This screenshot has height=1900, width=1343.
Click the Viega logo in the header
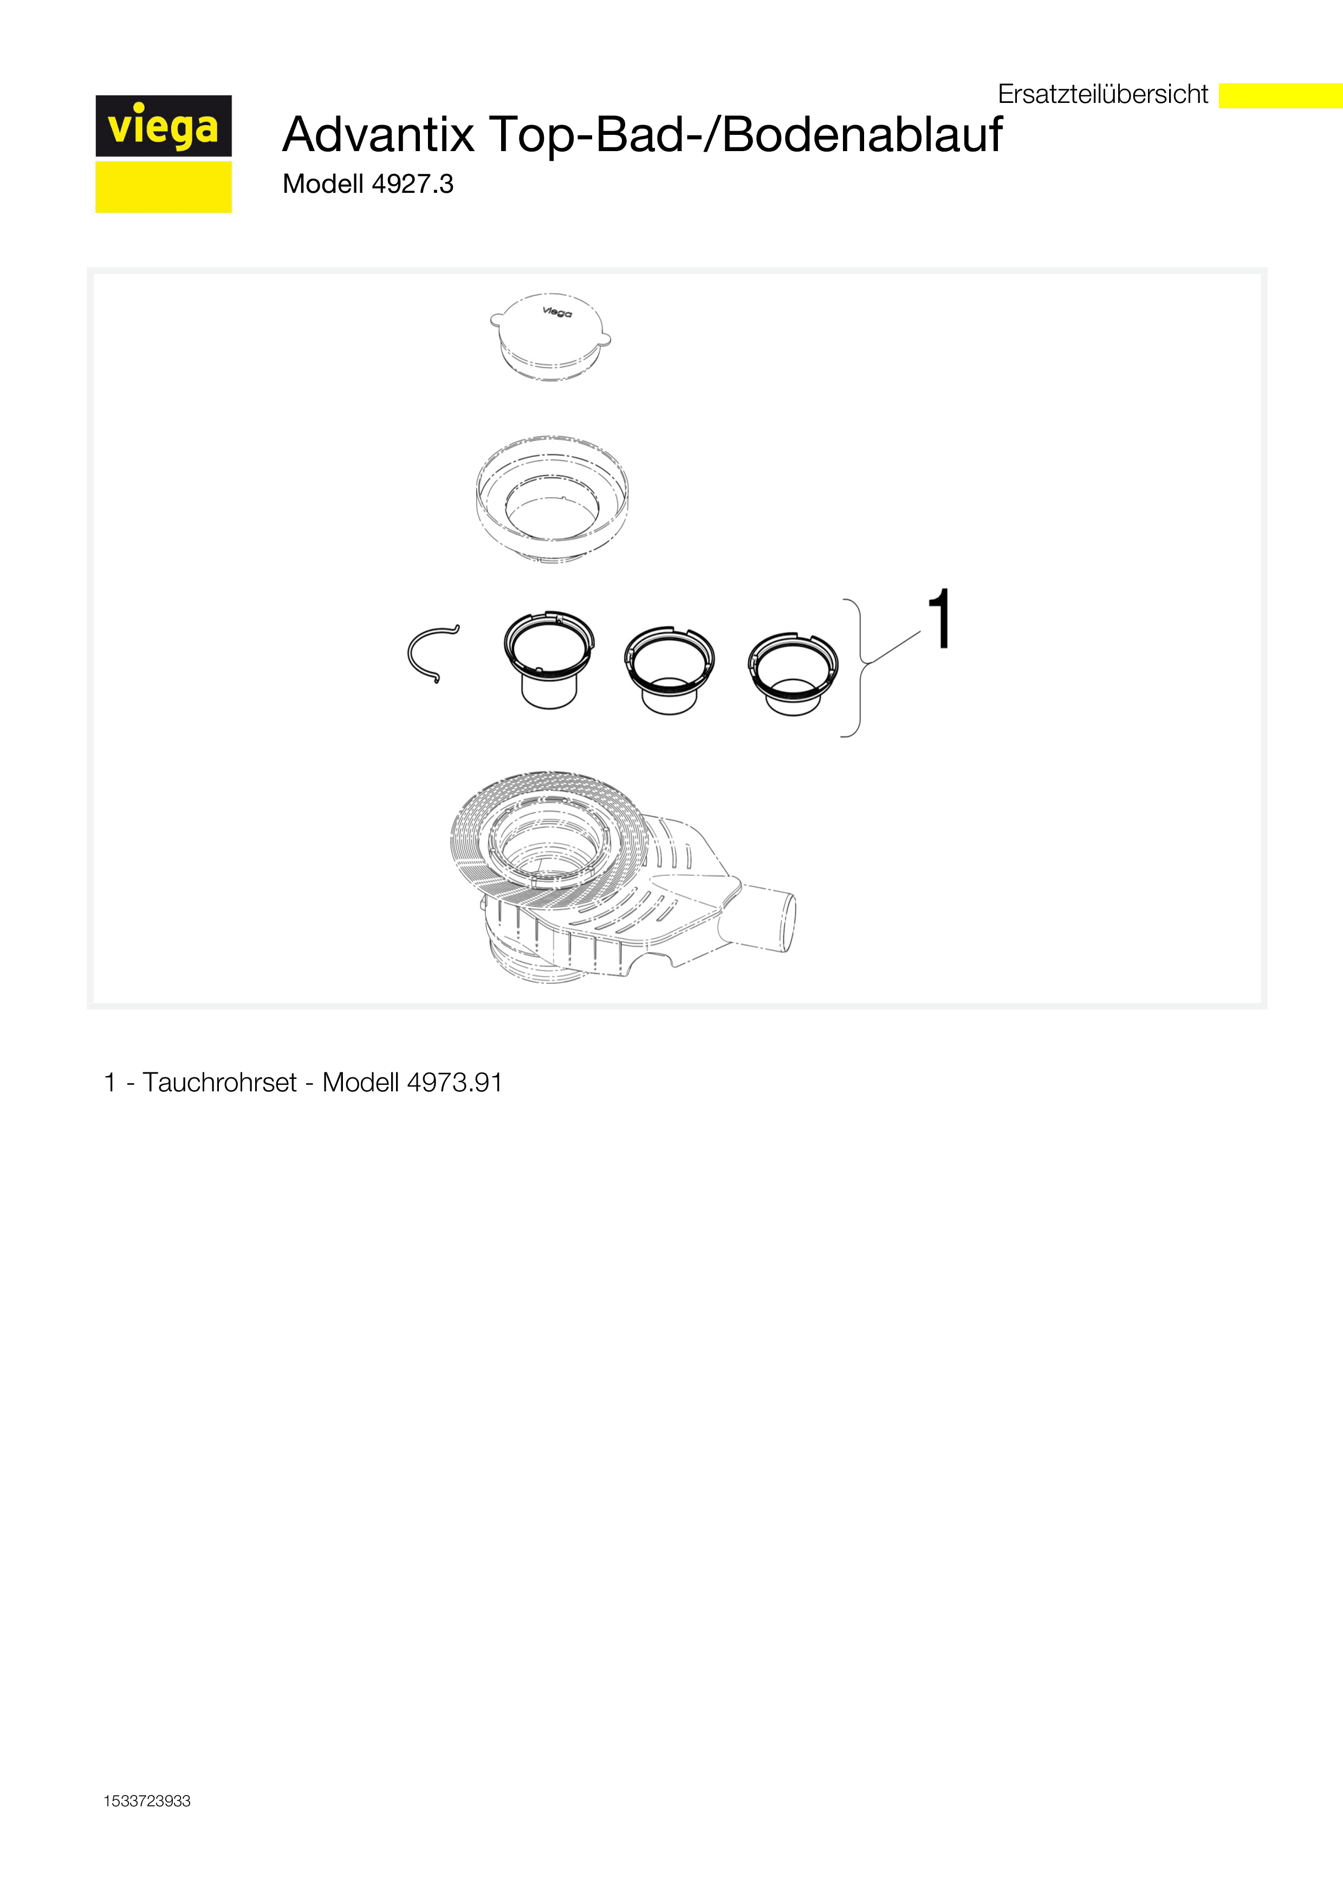coord(163,154)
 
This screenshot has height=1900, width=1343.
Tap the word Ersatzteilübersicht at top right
coord(1103,94)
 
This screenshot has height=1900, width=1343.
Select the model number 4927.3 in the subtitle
coord(412,184)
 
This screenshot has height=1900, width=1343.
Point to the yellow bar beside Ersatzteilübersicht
coord(1281,95)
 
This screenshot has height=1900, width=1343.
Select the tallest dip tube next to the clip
coord(549,660)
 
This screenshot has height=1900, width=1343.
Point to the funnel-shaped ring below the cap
coord(552,498)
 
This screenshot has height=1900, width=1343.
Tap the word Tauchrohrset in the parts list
coord(219,1082)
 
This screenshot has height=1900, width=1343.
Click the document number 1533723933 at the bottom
coord(147,1801)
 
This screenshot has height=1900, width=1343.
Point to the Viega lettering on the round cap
coord(557,312)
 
